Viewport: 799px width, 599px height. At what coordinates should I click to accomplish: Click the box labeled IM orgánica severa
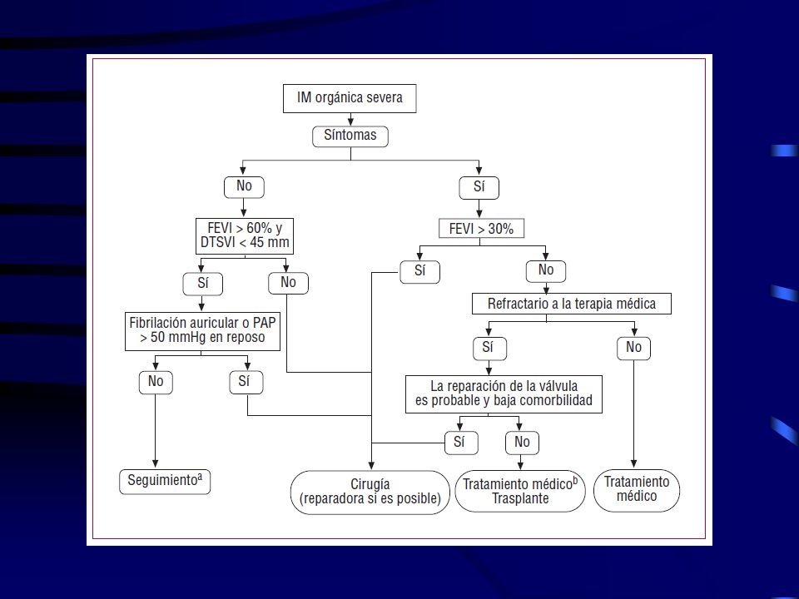point(350,98)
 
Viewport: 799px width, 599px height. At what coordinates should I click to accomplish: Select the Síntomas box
point(350,136)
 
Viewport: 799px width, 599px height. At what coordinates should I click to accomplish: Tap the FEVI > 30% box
point(481,229)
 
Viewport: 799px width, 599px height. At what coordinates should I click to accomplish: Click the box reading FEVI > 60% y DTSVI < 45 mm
point(245,235)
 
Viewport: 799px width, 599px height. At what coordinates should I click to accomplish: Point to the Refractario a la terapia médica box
point(571,304)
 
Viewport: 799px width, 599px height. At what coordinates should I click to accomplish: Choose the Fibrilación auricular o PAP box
point(202,332)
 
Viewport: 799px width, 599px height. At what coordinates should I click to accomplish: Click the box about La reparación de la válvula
point(504,394)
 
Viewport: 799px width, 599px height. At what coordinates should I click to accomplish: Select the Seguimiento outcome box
point(165,482)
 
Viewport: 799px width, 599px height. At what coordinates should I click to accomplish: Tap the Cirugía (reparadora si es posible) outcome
point(370,492)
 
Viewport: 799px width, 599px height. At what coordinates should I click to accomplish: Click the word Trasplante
point(520,498)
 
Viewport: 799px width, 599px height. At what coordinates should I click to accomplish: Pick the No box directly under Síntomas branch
point(244,187)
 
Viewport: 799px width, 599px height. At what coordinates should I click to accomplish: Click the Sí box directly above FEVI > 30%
point(479,187)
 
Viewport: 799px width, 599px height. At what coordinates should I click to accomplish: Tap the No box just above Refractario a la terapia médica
point(546,270)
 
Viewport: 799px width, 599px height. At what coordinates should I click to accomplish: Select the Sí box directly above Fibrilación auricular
point(203,284)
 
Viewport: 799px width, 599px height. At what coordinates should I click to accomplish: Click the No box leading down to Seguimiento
point(156,382)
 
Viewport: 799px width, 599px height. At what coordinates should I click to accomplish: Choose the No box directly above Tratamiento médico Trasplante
point(522,442)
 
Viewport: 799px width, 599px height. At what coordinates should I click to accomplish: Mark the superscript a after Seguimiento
point(200,477)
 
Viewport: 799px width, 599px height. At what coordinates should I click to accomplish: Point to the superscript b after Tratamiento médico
point(575,480)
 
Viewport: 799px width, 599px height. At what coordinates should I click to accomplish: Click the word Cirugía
point(370,484)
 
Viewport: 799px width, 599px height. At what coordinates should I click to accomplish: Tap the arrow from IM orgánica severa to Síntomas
point(350,119)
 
